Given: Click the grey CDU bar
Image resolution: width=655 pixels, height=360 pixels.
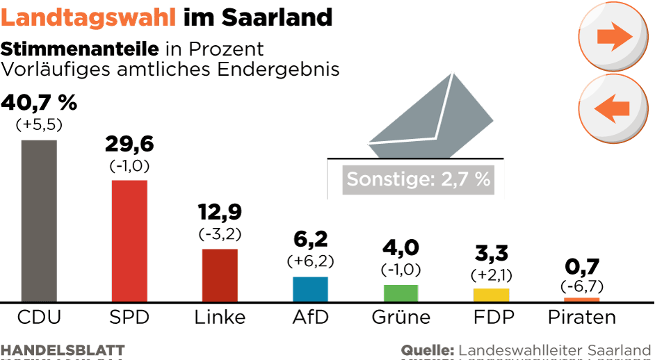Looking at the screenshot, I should (39, 220).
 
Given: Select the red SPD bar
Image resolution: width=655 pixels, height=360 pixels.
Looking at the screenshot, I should (129, 240).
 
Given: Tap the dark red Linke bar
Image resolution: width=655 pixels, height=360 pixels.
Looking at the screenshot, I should (220, 275).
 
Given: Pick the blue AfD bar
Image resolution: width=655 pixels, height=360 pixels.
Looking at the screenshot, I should (310, 288).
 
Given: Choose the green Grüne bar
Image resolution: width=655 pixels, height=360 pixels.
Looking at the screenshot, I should (401, 293).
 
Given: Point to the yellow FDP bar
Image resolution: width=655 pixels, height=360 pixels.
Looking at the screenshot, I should (491, 295).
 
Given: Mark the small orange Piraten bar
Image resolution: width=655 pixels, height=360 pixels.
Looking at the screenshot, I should (581, 300).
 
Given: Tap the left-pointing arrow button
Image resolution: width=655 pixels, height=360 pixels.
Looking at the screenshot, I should (613, 108).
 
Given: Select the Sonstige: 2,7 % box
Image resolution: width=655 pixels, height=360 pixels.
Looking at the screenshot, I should (419, 179).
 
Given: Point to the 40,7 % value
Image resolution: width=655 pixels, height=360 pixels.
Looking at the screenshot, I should (39, 103).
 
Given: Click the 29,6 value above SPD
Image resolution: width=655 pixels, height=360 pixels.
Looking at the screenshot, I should (129, 144).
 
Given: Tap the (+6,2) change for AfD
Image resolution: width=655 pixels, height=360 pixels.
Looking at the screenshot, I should (310, 261).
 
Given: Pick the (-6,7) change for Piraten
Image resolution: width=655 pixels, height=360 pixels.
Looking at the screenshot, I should (581, 286).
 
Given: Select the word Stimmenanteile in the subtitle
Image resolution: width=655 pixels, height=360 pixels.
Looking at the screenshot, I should (81, 49).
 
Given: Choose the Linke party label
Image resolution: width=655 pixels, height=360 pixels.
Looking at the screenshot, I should (220, 318).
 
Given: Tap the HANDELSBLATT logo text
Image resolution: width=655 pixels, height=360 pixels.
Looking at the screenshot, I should (63, 350).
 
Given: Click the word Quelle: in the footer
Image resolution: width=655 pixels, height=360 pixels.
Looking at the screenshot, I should (427, 350).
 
